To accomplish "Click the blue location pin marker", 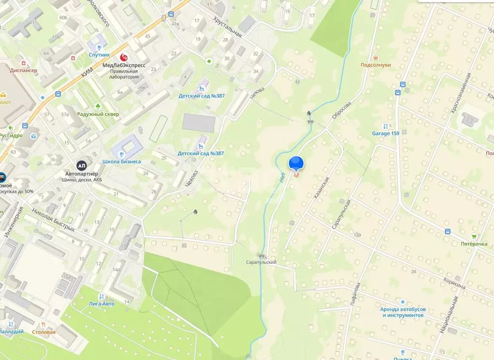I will pyautogui.click(x=296, y=163).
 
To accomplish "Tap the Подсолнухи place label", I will pyautogui.click(x=375, y=65).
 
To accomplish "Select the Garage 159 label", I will pyautogui.click(x=385, y=133).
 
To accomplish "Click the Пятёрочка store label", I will pyautogui.click(x=473, y=244).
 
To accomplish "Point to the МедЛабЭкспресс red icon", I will pyautogui.click(x=124, y=57).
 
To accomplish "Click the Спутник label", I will pyautogui.click(x=99, y=55).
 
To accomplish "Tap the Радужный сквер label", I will pyautogui.click(x=98, y=115).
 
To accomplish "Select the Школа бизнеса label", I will pyautogui.click(x=121, y=161).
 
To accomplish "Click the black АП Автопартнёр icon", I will pyautogui.click(x=82, y=164).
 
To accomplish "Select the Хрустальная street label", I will pyautogui.click(x=227, y=27).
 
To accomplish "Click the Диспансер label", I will pyautogui.click(x=23, y=71).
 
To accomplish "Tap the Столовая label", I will pyautogui.click(x=43, y=332).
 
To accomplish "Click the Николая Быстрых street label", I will pyautogui.click(x=54, y=219).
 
